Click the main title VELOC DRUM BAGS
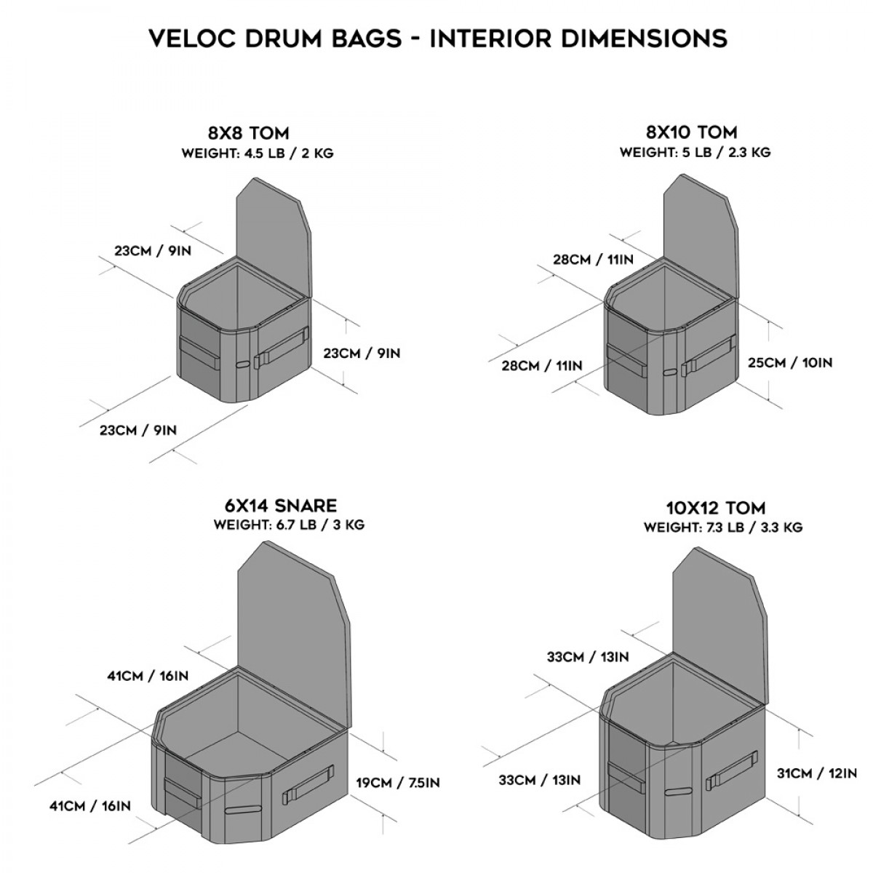[x=437, y=38]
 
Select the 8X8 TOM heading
[x=248, y=133]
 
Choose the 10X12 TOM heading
[x=716, y=508]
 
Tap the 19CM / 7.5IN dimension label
[x=397, y=784]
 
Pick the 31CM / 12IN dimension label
[x=816, y=773]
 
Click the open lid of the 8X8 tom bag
[x=274, y=233]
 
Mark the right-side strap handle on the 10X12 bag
[x=732, y=773]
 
